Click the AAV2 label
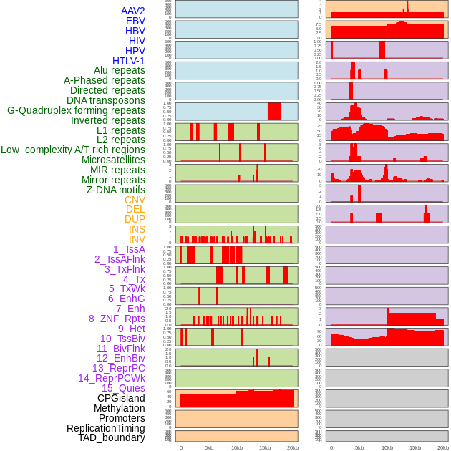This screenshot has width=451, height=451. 133,11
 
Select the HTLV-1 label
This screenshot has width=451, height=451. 129,61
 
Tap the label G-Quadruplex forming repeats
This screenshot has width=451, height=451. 76,110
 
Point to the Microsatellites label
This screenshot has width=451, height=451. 113,160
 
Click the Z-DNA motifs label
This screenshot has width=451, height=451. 116,190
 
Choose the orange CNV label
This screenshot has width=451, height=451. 135,200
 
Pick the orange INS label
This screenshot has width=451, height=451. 136,229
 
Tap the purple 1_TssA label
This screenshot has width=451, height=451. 129,249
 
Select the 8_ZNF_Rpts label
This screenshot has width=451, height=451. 117,319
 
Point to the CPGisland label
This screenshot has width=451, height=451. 121,398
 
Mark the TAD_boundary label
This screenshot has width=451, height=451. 112,437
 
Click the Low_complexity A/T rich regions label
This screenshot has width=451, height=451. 73,150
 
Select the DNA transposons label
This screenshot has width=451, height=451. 106,100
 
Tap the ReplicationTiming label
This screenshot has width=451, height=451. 106,428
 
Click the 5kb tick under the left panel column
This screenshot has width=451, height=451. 209,447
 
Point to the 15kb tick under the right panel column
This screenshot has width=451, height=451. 415,447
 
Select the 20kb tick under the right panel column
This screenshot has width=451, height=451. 443,447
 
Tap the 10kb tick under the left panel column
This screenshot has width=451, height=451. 237,447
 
